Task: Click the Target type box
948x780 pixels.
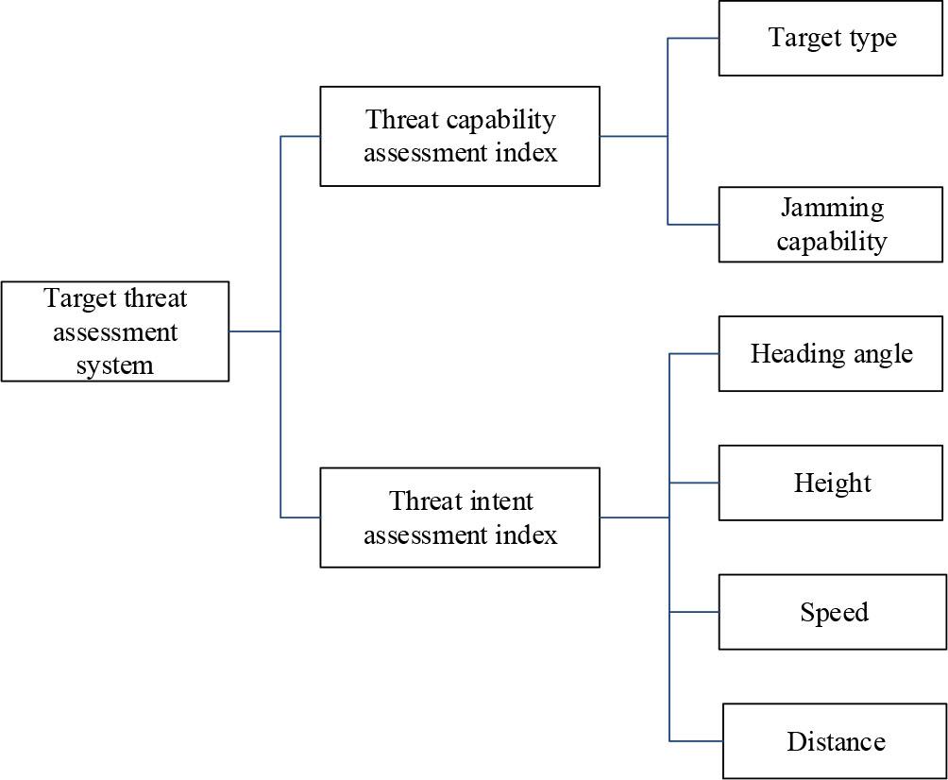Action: coord(831,39)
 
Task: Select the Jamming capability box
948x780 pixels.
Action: coord(831,225)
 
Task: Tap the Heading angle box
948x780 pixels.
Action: coord(831,353)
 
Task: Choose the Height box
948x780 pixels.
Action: coord(831,483)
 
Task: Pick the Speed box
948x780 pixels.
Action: coord(831,612)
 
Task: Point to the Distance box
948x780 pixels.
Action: coord(835,741)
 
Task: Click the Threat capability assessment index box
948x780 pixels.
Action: coord(460,136)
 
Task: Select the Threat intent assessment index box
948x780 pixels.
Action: coord(460,517)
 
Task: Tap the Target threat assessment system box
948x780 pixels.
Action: coord(115,331)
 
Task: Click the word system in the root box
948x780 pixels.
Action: coord(115,365)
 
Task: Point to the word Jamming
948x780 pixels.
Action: coord(832,208)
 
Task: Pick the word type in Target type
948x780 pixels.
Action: coord(872,38)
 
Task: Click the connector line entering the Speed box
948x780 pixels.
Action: coord(694,612)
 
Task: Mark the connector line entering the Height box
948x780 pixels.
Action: coord(694,483)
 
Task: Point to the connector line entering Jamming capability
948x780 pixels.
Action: coord(694,225)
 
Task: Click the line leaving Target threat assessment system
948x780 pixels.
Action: coord(255,331)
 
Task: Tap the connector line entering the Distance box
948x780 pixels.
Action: coord(696,741)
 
